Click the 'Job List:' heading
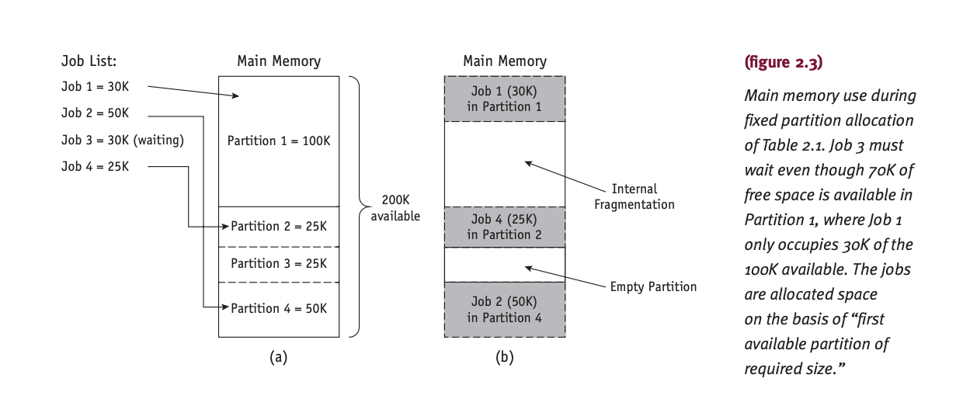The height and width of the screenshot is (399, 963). point(89,61)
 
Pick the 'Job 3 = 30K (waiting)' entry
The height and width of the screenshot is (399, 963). point(122,141)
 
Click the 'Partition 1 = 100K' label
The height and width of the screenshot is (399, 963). point(278,141)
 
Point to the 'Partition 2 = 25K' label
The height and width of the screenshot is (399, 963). point(279,226)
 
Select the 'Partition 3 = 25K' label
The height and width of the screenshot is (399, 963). point(279,263)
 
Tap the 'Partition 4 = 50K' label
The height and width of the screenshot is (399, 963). point(279,308)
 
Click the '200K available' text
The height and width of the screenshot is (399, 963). point(395,208)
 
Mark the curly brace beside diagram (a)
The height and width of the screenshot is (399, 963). point(356,206)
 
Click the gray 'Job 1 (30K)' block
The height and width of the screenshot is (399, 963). point(504,99)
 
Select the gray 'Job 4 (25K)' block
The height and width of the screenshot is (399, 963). point(504,227)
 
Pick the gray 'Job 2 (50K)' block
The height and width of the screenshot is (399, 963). point(504,309)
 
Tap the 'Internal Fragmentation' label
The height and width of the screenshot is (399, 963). point(634,196)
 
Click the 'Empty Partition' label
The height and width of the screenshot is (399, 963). point(653,286)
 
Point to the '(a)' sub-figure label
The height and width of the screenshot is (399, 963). point(278,357)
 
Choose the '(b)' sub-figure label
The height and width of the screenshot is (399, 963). point(504,357)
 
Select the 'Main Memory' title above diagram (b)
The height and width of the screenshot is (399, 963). point(504,61)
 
